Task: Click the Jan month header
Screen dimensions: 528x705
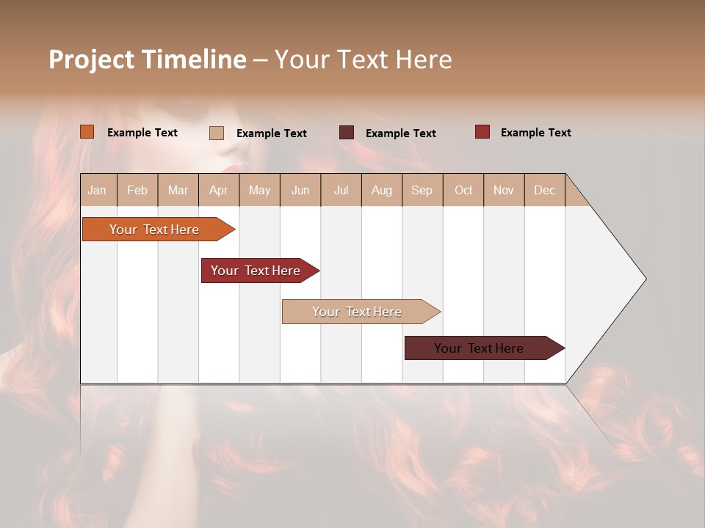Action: [98, 191]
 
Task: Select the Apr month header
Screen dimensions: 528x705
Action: [219, 191]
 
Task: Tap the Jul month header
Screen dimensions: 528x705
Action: [341, 191]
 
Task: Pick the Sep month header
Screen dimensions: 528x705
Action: [422, 191]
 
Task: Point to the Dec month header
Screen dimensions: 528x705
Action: [544, 191]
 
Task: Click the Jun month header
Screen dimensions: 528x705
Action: [300, 191]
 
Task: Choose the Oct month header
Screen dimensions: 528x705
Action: [463, 191]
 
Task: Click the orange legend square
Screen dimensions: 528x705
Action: [87, 132]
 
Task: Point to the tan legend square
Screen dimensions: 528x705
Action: [216, 133]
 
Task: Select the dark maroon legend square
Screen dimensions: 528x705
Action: [346, 133]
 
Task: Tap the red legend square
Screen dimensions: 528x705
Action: [482, 132]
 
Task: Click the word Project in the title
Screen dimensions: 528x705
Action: [91, 59]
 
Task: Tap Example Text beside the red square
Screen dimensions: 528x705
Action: [535, 133]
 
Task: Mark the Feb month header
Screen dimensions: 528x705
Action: [137, 191]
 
